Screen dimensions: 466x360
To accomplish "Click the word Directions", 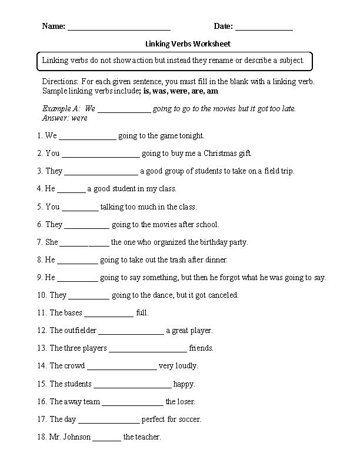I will coord(60,81).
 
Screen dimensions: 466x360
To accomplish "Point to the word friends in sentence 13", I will coord(201,348).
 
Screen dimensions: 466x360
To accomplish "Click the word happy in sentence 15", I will coord(184,384).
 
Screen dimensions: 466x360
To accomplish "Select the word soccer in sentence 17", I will coord(189,420).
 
